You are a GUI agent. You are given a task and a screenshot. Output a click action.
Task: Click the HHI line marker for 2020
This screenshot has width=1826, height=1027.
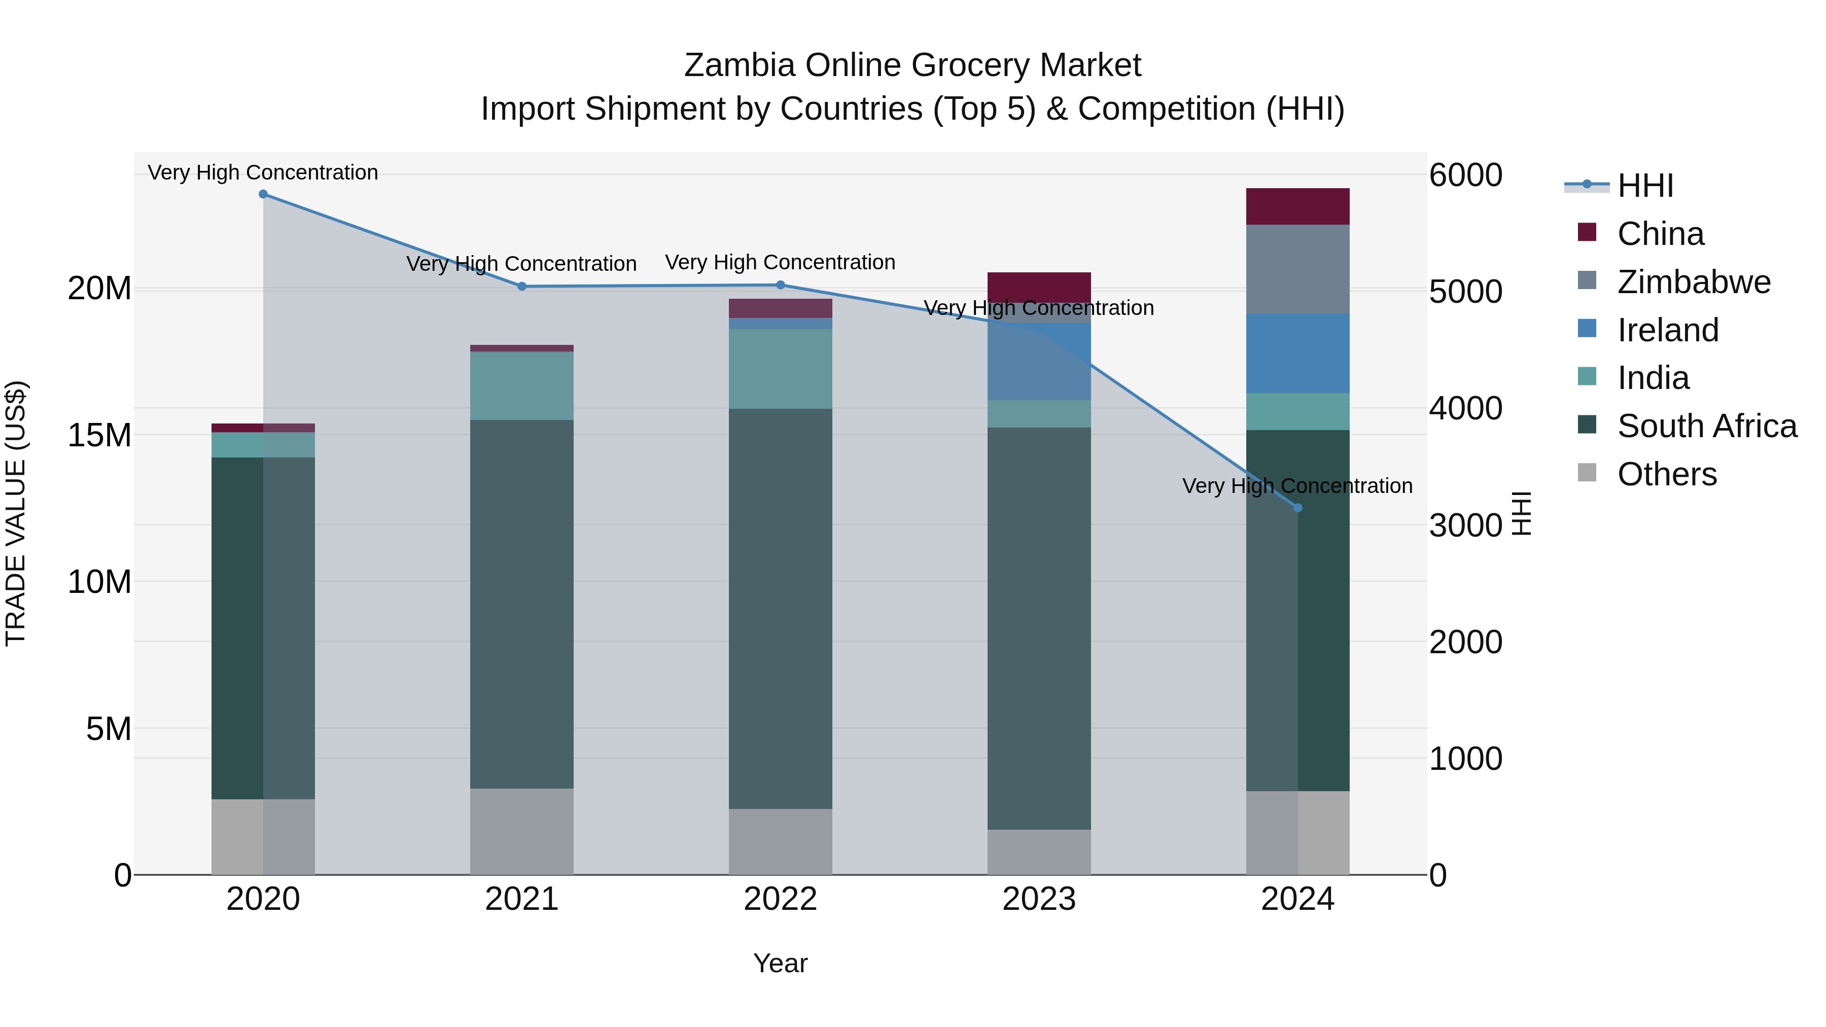[x=263, y=194]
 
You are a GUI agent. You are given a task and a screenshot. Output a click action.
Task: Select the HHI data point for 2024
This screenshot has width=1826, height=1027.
[x=1298, y=508]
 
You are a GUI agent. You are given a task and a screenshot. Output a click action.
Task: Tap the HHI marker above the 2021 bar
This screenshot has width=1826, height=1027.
[x=522, y=287]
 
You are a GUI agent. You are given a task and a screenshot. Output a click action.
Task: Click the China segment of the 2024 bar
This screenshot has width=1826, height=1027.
[x=1298, y=206]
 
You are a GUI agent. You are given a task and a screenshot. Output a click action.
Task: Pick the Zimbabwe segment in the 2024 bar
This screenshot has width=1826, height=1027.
[x=1298, y=269]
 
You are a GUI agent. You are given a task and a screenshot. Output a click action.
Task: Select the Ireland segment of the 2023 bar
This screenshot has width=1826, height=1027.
[x=1039, y=362]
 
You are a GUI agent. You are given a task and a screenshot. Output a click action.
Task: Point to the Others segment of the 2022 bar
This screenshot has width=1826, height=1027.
[x=781, y=841]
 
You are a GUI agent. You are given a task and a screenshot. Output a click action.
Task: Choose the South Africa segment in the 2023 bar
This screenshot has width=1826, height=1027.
[x=1039, y=628]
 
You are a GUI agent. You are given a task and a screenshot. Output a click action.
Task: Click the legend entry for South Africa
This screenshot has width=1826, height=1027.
[x=1707, y=426]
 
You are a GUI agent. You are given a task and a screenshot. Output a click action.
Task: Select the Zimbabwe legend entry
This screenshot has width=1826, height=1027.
[x=1694, y=282]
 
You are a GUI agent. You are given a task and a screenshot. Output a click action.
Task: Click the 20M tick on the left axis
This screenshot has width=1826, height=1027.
[x=99, y=289]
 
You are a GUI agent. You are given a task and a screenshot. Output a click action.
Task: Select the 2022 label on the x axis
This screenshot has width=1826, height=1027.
[x=781, y=899]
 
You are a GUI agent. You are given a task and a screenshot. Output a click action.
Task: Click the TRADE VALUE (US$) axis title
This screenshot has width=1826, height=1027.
[x=16, y=513]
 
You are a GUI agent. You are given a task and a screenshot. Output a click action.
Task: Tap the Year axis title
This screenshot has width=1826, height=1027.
[x=781, y=963]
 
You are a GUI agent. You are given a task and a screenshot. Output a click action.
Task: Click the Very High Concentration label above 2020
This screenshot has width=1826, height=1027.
[x=263, y=172]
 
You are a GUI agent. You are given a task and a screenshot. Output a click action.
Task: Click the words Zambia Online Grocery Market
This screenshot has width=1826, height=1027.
[x=912, y=65]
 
